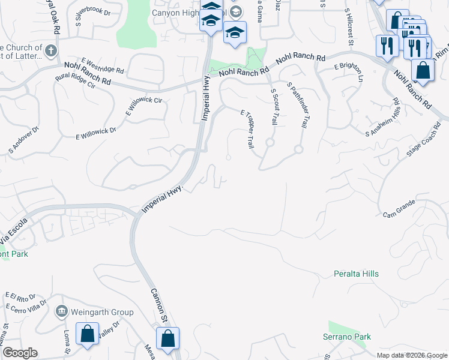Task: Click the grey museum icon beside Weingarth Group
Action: (x=61, y=311)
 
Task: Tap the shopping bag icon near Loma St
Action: (x=87, y=335)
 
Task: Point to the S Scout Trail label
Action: (x=274, y=107)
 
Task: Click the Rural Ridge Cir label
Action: (x=75, y=81)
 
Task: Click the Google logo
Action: (x=20, y=353)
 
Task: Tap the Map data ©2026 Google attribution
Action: (x=411, y=354)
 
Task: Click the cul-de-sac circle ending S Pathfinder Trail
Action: (x=298, y=149)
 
